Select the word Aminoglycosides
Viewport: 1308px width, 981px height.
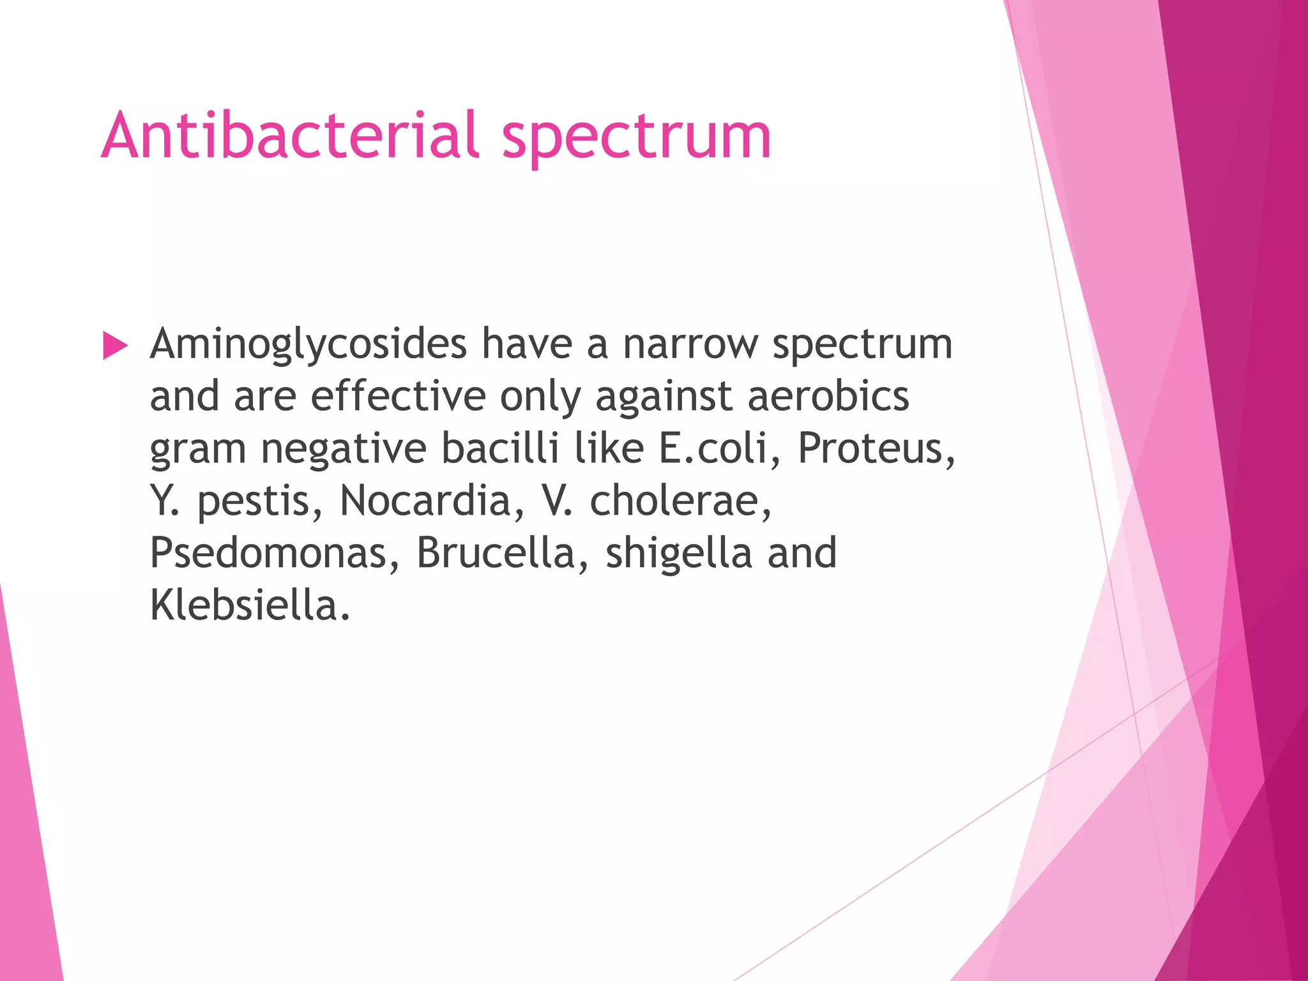click(x=308, y=346)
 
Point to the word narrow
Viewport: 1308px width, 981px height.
click(x=690, y=346)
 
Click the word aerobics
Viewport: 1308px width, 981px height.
click(x=828, y=397)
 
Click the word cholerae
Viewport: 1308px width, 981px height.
click(x=681, y=501)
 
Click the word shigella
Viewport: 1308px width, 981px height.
click(x=678, y=553)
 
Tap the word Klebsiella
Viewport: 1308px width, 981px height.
click(x=250, y=605)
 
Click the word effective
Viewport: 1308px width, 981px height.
click(x=398, y=397)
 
